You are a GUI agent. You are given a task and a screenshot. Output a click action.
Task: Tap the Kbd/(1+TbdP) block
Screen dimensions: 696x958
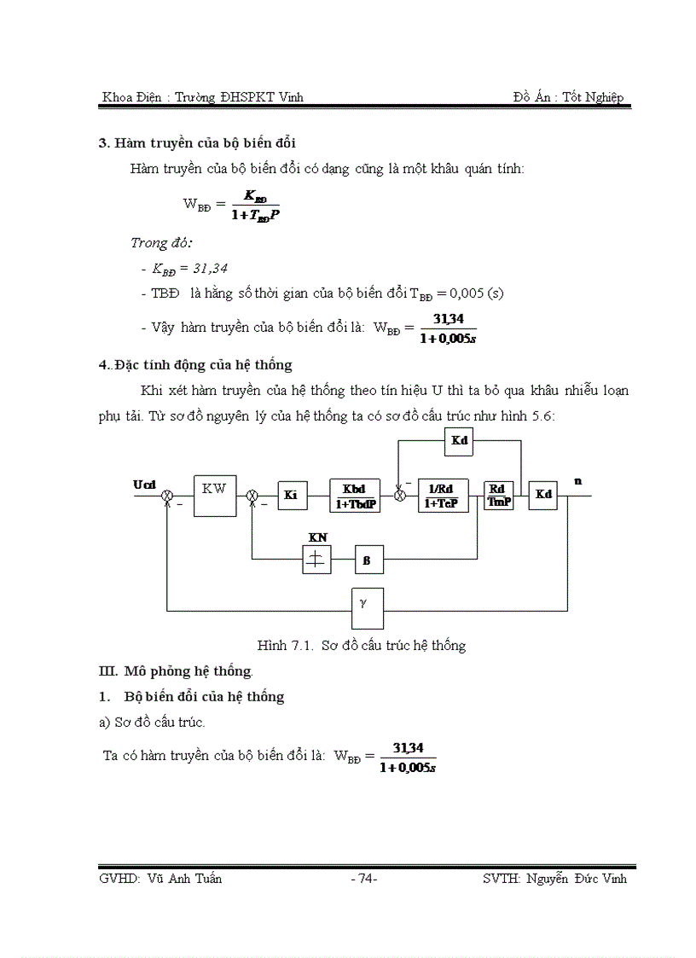(x=354, y=495)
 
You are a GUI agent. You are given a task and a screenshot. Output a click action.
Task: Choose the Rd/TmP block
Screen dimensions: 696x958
(x=498, y=495)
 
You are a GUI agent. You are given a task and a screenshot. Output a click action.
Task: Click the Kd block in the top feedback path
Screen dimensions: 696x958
(x=459, y=442)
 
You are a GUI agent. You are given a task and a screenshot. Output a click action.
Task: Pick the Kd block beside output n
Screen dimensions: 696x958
(x=543, y=495)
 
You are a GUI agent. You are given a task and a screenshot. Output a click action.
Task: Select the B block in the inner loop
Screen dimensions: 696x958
(x=368, y=560)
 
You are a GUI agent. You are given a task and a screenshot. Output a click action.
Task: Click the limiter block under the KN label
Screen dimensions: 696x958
(x=316, y=560)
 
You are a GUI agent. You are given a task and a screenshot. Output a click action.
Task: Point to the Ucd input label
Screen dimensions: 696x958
(x=145, y=484)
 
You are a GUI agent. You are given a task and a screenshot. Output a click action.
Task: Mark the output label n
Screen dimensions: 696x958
(x=577, y=481)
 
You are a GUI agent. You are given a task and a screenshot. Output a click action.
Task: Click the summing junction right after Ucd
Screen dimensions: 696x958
(x=168, y=496)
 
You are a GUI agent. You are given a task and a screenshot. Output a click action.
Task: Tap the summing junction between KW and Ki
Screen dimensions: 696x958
(x=252, y=496)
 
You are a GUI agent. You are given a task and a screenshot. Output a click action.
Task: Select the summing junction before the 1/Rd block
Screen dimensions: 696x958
(x=399, y=496)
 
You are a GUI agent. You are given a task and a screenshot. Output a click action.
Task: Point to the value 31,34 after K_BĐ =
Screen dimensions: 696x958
(x=211, y=268)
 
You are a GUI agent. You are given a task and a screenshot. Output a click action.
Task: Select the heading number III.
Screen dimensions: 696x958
(x=108, y=671)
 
